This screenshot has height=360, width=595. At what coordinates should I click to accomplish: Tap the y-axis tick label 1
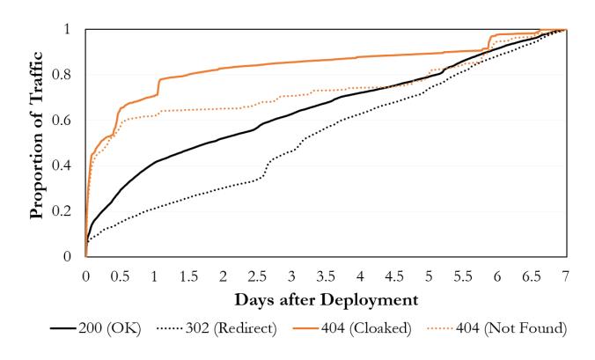pyautogui.click(x=70, y=30)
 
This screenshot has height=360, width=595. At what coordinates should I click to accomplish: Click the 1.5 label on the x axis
pyautogui.click(x=188, y=276)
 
